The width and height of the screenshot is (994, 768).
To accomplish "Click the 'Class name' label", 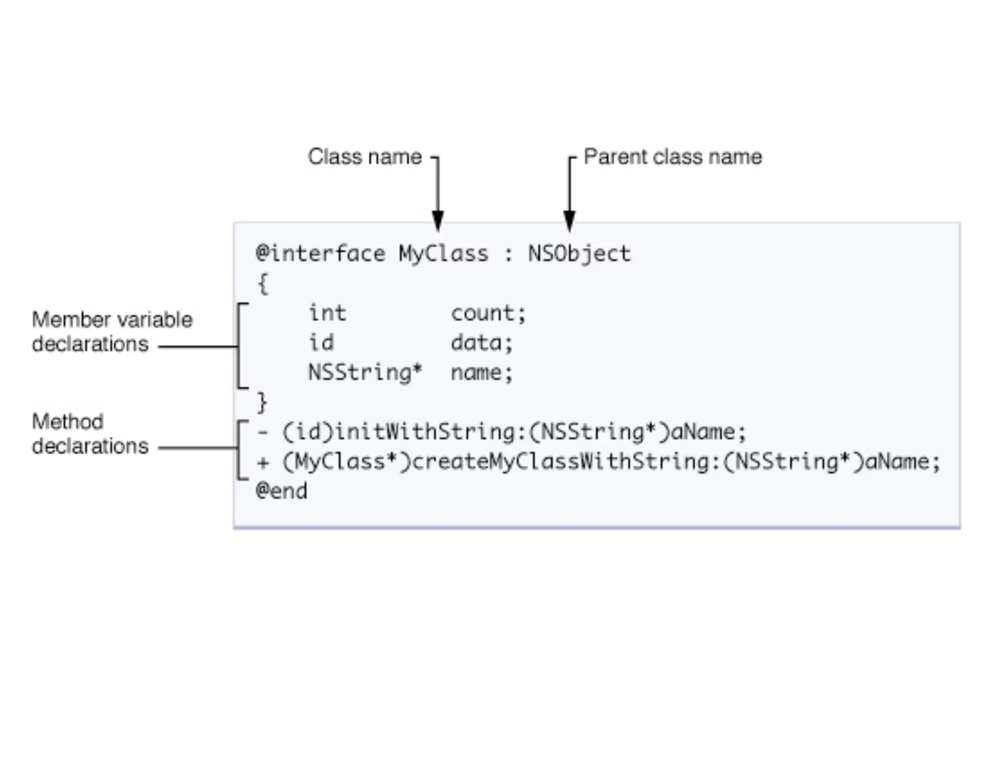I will coord(365,157).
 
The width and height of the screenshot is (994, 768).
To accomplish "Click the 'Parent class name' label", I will coord(673,157).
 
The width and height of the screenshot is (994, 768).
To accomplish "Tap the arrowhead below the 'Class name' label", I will coord(438,221).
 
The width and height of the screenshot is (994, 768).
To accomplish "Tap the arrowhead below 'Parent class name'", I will coord(569,221).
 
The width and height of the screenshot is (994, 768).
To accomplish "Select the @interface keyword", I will coord(320,253).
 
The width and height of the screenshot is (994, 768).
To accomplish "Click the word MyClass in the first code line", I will coord(443,253).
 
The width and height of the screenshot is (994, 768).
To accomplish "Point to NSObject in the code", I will coord(579,253).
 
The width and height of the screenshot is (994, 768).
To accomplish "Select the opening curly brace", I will coord(263,284).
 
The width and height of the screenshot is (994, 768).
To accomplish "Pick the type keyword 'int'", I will coord(328,313).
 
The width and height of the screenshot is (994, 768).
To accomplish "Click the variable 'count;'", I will coord(488,314).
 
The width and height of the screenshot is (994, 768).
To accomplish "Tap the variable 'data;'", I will coord(481,343).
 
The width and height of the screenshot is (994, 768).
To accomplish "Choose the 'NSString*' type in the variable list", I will coord(365,373).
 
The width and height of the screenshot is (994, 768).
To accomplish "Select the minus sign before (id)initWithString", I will coord(263,432).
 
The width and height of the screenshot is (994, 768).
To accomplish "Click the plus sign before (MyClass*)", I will coord(263,462).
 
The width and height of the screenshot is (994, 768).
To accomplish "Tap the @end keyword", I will coord(282,491).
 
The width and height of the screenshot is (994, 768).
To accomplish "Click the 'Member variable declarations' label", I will coord(112,332).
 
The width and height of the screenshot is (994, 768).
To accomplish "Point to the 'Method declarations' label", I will coord(90,434).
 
